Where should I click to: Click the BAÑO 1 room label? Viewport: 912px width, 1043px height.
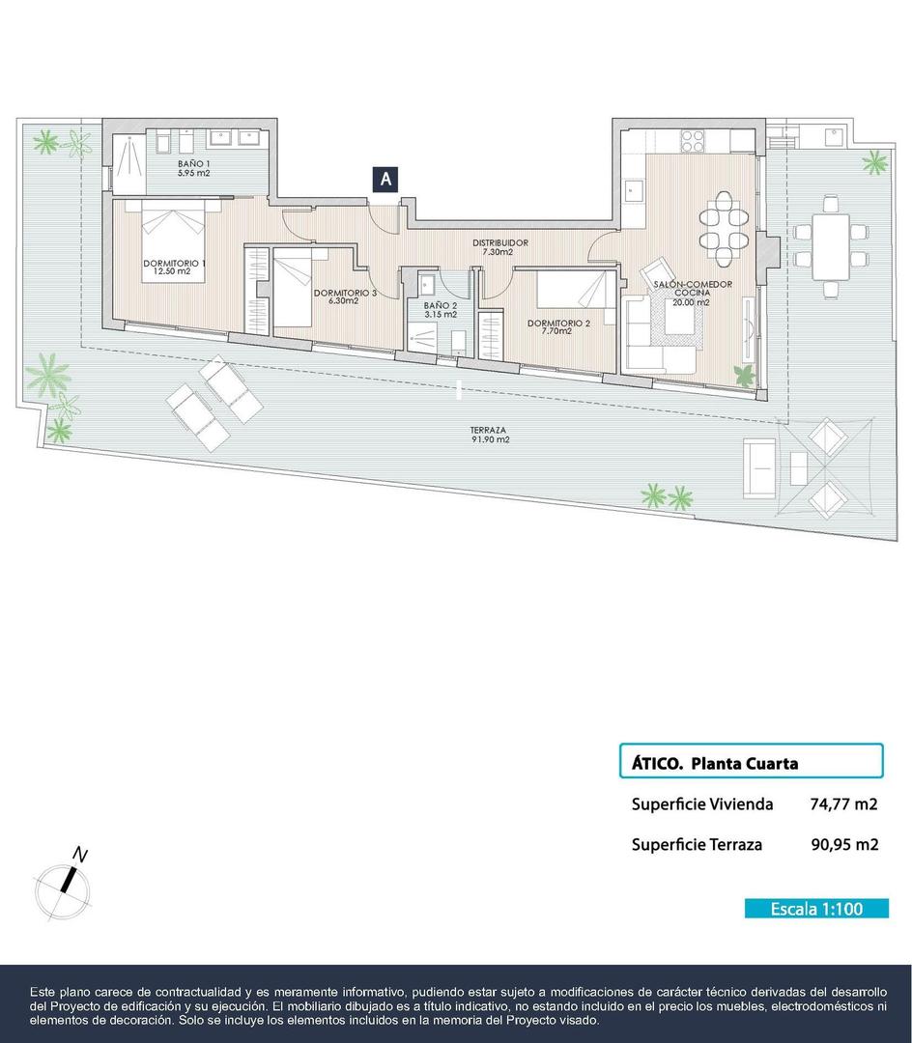pos(193,170)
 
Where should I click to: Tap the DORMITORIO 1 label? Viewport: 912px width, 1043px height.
pos(174,268)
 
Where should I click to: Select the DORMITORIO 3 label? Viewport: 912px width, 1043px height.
pos(345,296)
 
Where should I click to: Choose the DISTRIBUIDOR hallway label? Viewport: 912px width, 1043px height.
pos(499,246)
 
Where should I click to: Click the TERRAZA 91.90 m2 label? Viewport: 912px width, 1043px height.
pos(489,436)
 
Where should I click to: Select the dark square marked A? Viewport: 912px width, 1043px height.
pos(385,179)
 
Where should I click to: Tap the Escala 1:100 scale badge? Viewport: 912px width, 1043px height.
pos(816,909)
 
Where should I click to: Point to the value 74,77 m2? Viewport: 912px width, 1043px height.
pos(843,803)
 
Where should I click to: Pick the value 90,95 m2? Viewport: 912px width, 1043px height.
pos(844,844)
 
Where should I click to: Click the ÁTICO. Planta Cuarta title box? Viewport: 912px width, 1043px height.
pos(751,762)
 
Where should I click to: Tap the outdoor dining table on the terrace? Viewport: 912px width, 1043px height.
pos(831,244)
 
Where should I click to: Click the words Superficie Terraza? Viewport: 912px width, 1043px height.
pos(697,844)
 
